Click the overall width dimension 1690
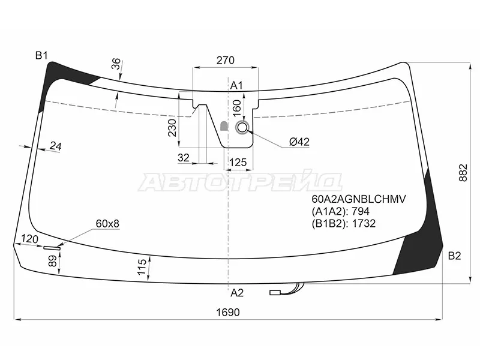click(x=228, y=313)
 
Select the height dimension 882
click(x=463, y=173)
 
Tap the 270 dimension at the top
click(x=226, y=61)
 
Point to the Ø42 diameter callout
click(x=299, y=142)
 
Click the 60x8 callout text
click(x=107, y=224)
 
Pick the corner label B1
click(x=41, y=56)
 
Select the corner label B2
click(x=454, y=256)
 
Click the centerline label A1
click(x=236, y=85)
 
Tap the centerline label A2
click(x=236, y=293)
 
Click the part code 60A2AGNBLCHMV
click(x=358, y=199)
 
